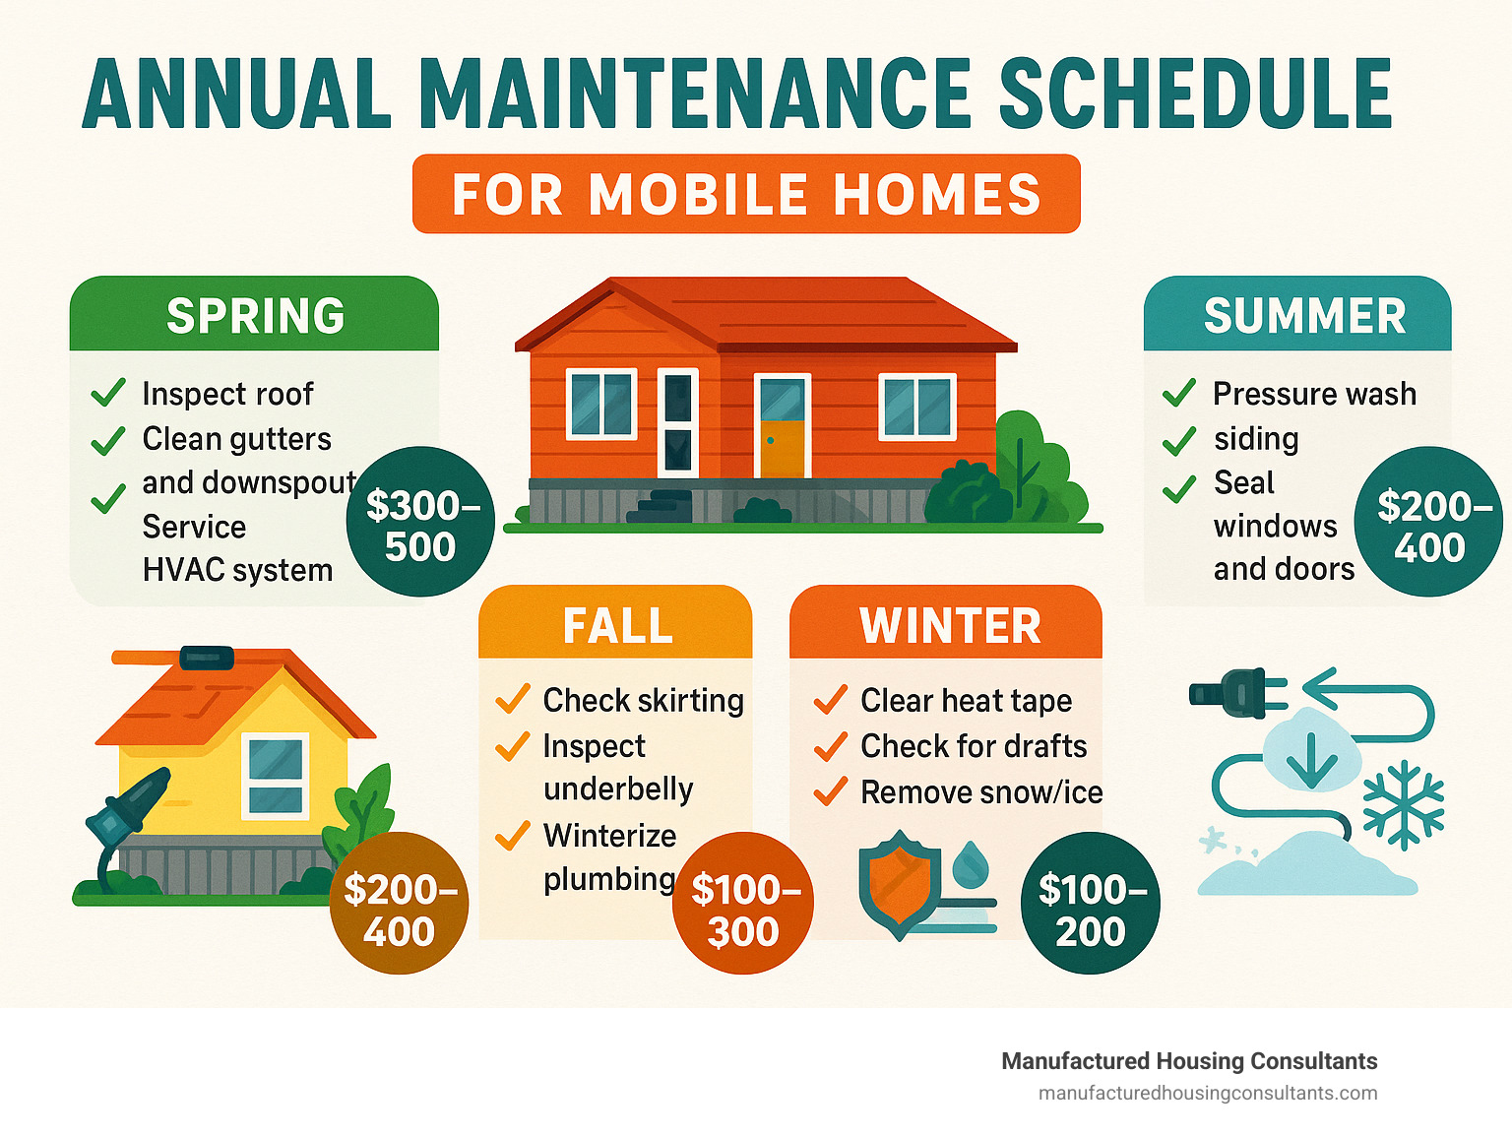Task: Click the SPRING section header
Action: tap(254, 313)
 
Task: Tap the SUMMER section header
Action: tap(1297, 313)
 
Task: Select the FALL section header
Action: tap(615, 622)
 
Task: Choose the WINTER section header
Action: tap(946, 622)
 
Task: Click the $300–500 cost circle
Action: tap(420, 522)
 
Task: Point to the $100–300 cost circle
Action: tap(742, 903)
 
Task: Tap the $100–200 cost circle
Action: tap(1091, 903)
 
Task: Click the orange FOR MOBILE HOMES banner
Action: tap(746, 194)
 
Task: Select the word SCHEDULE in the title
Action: tap(1195, 94)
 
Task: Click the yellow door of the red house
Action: tap(782, 449)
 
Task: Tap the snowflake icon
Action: tap(1403, 805)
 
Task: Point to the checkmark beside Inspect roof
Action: tap(108, 392)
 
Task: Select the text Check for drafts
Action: tap(974, 746)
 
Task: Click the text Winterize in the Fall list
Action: tap(609, 836)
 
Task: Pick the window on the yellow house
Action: tap(276, 777)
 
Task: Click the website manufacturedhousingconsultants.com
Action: tap(1208, 1094)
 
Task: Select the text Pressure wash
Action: tap(1314, 394)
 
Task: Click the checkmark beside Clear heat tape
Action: tap(830, 699)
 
